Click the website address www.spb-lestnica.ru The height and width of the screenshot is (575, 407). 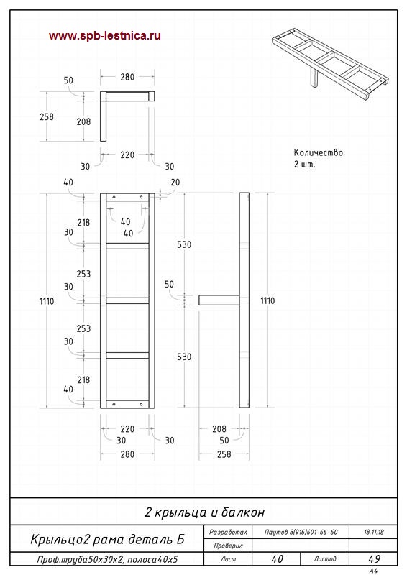click(x=104, y=36)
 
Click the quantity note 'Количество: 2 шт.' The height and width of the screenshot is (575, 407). click(x=319, y=158)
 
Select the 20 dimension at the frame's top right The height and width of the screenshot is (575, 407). click(x=175, y=183)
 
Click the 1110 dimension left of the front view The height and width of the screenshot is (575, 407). click(x=47, y=301)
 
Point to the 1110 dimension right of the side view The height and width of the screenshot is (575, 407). click(x=267, y=300)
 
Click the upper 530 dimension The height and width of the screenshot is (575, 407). click(x=184, y=244)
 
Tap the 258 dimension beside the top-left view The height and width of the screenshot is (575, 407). click(x=47, y=116)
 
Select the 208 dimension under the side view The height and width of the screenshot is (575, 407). click(x=219, y=428)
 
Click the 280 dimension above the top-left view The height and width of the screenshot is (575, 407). click(x=127, y=77)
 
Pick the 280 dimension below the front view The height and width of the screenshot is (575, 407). click(x=127, y=454)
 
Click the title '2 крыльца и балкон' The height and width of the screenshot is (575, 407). click(x=204, y=512)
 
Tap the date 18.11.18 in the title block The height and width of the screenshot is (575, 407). click(x=374, y=532)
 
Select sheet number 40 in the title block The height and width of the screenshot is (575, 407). click(x=277, y=559)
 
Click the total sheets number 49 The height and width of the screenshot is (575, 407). click(x=374, y=559)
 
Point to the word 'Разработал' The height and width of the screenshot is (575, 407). click(x=228, y=532)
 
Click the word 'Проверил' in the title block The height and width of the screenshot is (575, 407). click(x=228, y=546)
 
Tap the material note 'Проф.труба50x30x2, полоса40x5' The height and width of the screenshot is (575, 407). click(x=107, y=560)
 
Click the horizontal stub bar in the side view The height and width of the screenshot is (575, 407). click(x=219, y=300)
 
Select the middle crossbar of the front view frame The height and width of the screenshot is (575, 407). click(x=127, y=300)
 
